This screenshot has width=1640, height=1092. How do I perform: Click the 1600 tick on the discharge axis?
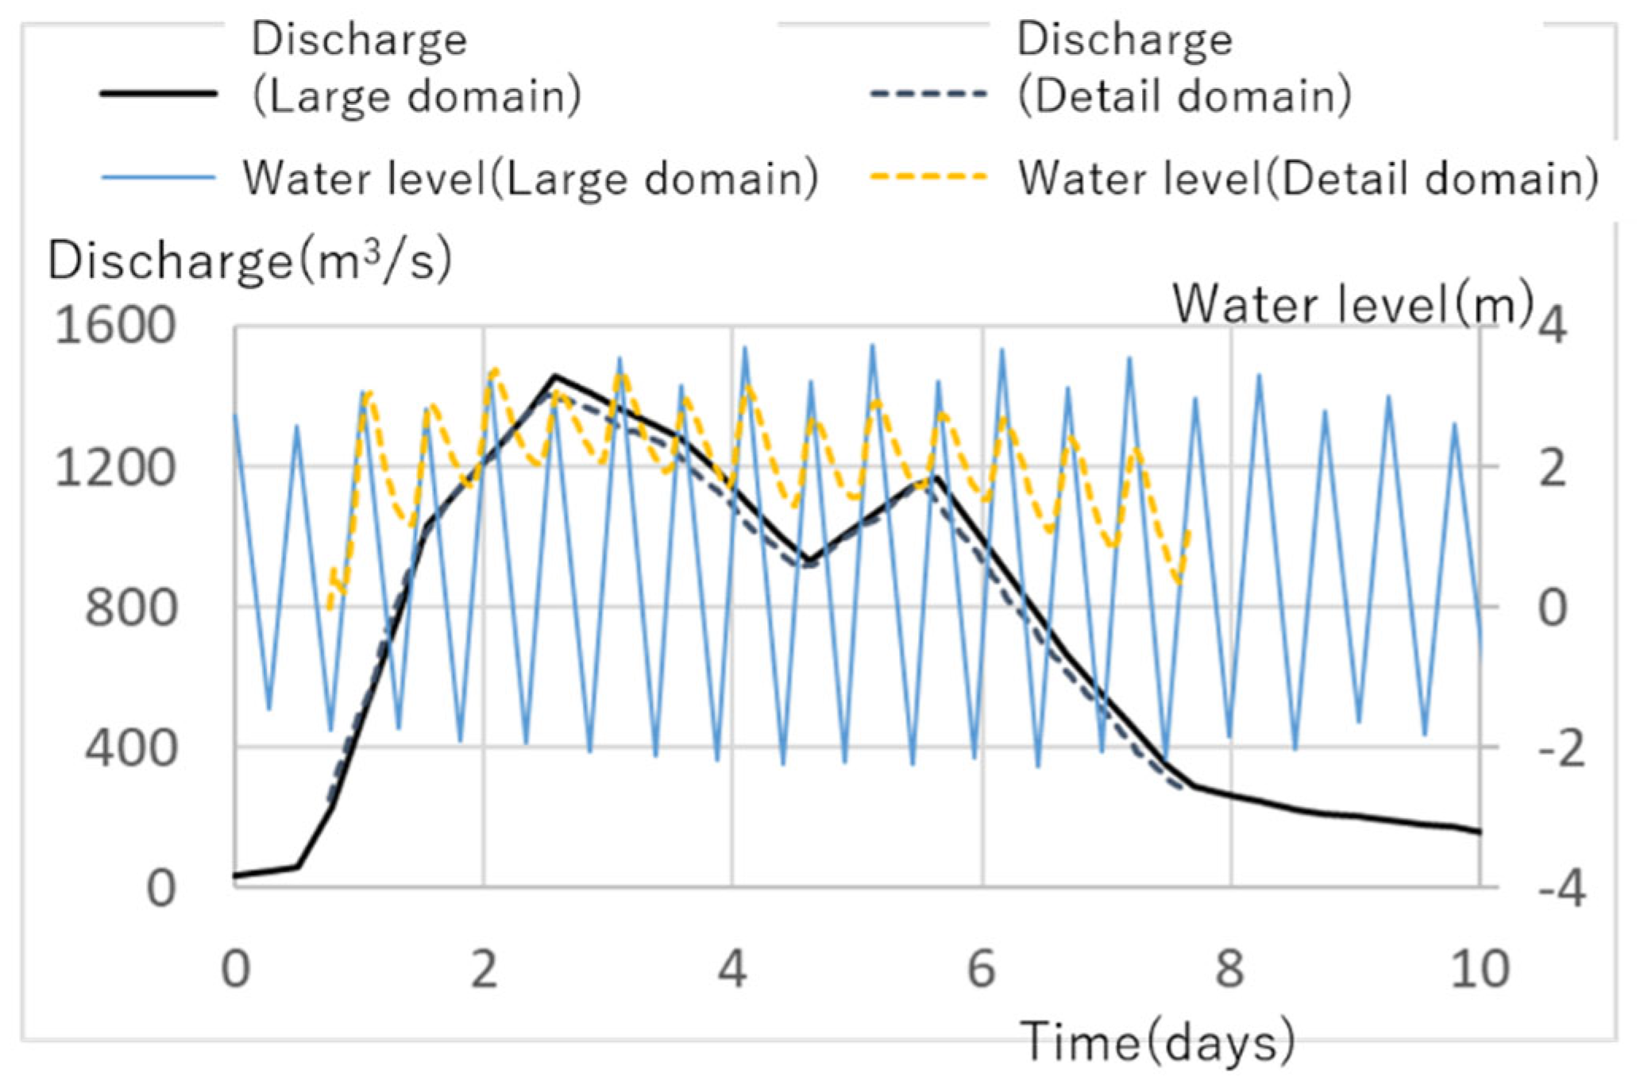tap(114, 326)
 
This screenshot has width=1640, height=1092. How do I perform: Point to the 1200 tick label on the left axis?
tap(114, 468)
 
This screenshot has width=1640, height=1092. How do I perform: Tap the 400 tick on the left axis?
tap(130, 747)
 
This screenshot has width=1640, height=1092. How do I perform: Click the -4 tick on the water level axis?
tap(1561, 889)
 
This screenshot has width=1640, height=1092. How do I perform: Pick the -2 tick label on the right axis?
tap(1561, 749)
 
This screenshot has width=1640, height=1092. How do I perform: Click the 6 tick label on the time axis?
tap(982, 970)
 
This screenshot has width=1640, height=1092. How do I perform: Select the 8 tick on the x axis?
tap(1230, 970)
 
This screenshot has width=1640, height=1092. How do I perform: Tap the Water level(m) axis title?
tap(1353, 303)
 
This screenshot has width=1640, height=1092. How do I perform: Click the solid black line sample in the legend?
tap(159, 94)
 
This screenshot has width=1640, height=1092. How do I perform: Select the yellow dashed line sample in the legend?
tap(928, 176)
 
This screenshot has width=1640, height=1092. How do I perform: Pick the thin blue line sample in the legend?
tap(159, 176)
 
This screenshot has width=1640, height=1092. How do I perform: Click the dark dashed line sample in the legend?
tap(928, 94)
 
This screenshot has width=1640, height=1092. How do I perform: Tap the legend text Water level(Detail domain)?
tap(1308, 178)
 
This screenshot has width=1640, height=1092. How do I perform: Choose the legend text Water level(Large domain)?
tap(531, 178)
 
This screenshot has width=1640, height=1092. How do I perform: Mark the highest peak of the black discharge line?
tap(556, 376)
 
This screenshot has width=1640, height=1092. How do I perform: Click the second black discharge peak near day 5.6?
tap(936, 477)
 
